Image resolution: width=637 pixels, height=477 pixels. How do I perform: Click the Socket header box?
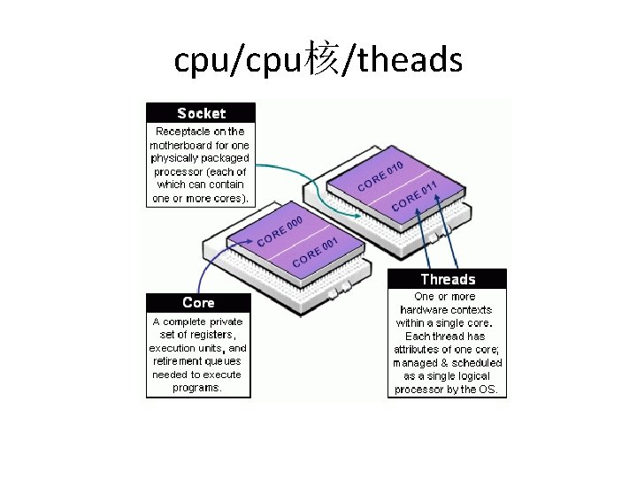201,113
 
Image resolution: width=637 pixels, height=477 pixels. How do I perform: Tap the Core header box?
198,303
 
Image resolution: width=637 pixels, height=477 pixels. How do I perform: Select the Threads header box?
448,279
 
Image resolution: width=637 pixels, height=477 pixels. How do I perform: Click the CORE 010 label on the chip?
380,176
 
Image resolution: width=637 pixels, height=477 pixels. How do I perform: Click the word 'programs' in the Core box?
196,387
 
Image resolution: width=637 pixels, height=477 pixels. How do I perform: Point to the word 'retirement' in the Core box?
178,360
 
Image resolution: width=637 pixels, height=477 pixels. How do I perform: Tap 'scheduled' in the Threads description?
478,362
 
